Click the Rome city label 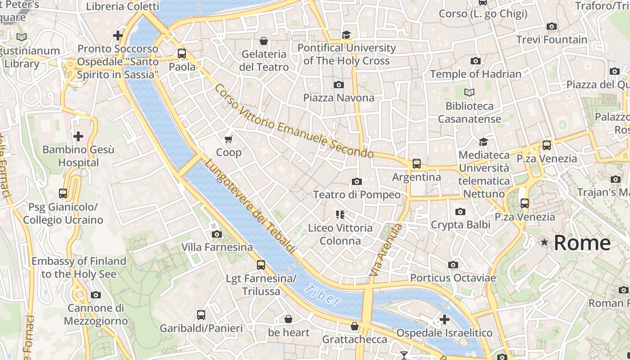click(582, 243)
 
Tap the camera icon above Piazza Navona click(339, 85)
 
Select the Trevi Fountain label click(552, 40)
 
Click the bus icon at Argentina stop click(417, 164)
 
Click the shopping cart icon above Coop click(229, 139)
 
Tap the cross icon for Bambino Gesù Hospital click(78, 136)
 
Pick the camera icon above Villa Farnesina click(217, 234)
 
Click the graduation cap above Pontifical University click(346, 35)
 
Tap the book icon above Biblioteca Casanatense click(469, 93)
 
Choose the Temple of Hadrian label click(476, 74)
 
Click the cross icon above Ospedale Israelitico click(445, 319)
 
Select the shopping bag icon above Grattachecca click(355, 326)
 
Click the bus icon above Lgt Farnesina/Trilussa click(261, 265)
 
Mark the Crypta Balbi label click(460, 224)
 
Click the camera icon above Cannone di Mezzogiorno click(96, 295)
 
